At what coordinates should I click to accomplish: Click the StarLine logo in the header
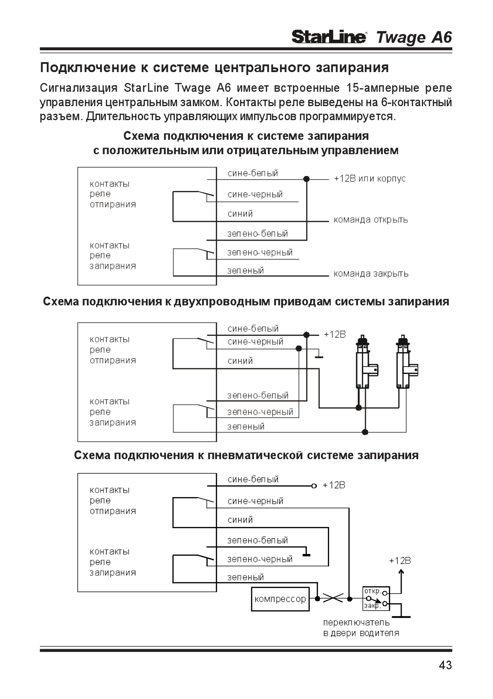pos(329,37)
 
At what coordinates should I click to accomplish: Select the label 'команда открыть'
pos(371,220)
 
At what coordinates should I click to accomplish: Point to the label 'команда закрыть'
pos(371,273)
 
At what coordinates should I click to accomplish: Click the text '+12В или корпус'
pos(370,179)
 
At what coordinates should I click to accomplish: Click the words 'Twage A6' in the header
pos(414,38)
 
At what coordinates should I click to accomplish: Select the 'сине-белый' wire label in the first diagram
pos(253,173)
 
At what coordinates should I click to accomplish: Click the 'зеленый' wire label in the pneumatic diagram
pos(245,577)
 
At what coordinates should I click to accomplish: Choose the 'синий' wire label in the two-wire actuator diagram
pos(240,361)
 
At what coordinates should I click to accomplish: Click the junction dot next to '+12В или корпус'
pos(307,179)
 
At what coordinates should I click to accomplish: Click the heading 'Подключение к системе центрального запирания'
pos(215,67)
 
